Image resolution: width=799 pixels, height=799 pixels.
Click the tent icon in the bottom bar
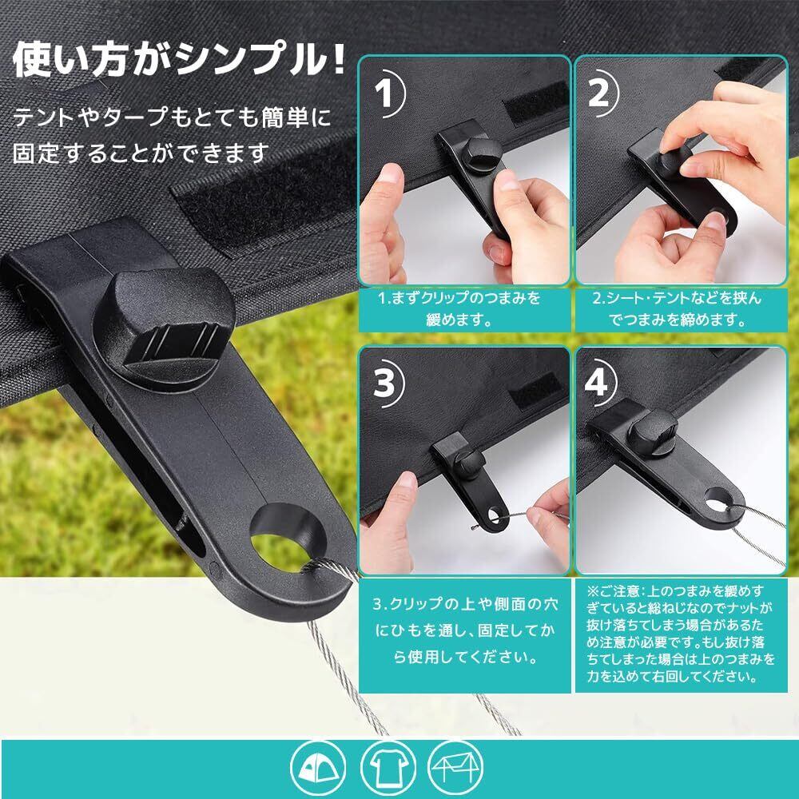point(318,769)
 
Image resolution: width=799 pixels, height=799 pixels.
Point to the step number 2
point(598,93)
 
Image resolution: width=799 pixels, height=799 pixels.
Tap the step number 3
point(384,383)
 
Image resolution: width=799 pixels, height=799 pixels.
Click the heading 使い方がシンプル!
point(179,59)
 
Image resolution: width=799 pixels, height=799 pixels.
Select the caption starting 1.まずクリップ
point(459,308)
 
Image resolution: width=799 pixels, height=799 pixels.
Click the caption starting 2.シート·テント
point(676,308)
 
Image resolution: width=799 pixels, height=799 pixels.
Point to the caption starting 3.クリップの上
point(465,631)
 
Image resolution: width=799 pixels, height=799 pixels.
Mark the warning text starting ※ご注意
point(680,634)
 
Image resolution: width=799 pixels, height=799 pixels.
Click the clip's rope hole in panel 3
point(493,515)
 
